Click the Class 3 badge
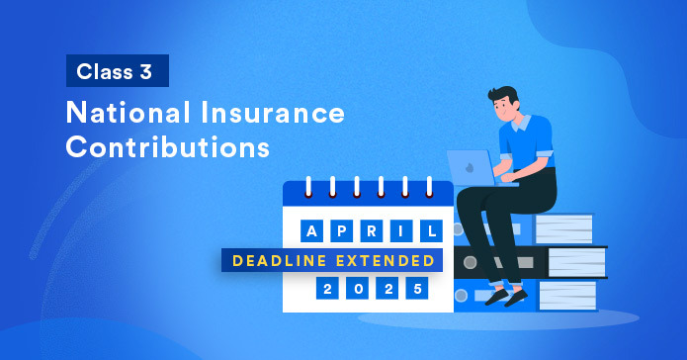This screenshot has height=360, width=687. click(118, 72)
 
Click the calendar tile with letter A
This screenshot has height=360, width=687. click(312, 230)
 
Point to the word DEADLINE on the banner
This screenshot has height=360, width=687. click(279, 260)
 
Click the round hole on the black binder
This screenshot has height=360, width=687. click(470, 262)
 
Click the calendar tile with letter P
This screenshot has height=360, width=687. click(341, 230)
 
